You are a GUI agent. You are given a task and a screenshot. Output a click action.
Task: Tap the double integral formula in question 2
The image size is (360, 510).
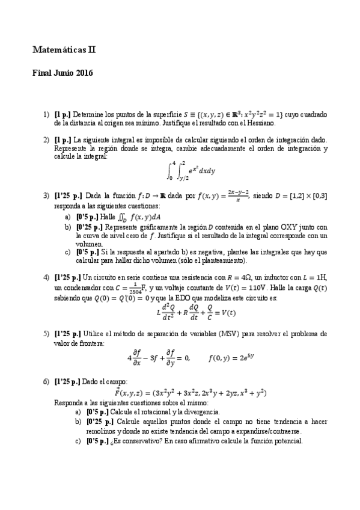pos(191,171)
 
